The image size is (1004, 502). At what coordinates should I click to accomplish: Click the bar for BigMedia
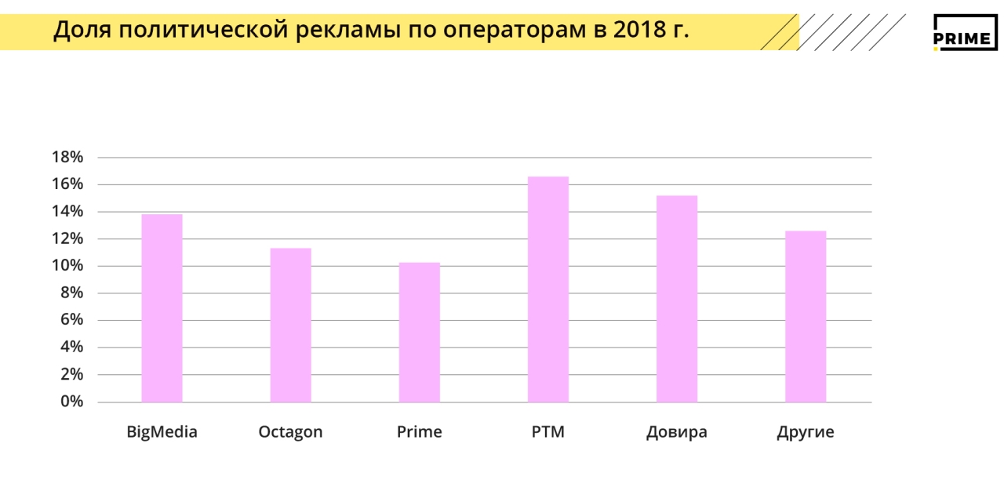click(x=162, y=308)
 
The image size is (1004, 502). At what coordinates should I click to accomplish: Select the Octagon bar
click(x=290, y=326)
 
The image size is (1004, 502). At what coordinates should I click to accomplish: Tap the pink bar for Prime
click(x=419, y=333)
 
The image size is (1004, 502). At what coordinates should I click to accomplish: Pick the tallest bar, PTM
click(x=547, y=289)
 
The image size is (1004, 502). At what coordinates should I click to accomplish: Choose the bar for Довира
click(x=677, y=299)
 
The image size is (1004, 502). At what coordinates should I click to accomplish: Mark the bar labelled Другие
click(x=806, y=316)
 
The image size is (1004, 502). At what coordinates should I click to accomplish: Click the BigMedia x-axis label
click(x=162, y=432)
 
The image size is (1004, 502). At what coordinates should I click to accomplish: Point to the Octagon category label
click(x=290, y=432)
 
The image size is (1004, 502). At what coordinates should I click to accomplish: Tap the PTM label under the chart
click(x=547, y=432)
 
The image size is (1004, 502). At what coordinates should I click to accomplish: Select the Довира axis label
click(x=677, y=432)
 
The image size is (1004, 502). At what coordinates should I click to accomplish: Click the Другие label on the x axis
click(x=806, y=432)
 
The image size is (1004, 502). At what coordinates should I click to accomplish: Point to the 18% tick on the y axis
click(x=67, y=157)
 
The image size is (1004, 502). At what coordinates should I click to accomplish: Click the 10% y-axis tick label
click(x=67, y=266)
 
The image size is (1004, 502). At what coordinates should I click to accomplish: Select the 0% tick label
click(x=71, y=402)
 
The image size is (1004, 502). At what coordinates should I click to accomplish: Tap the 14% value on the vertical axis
click(x=67, y=212)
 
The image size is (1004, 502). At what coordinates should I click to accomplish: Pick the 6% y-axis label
click(x=71, y=320)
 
